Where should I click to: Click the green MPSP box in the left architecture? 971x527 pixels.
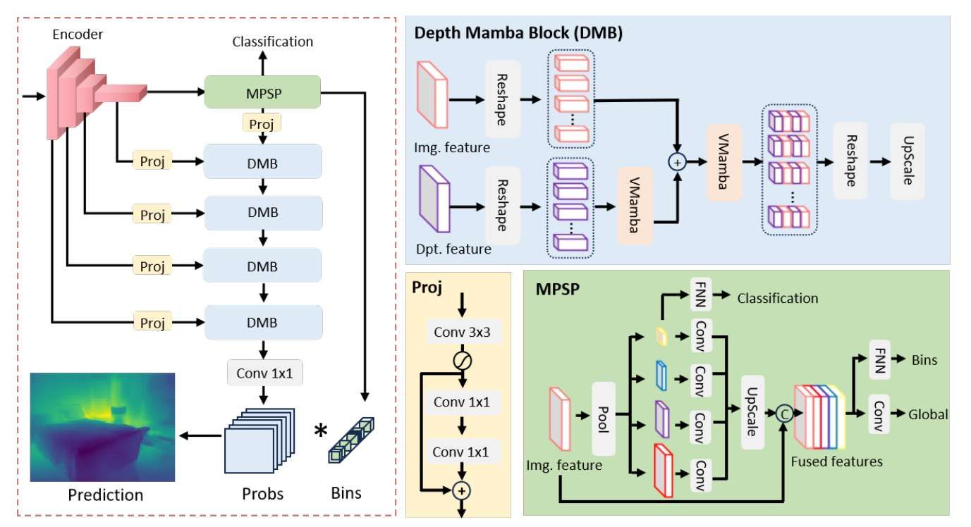pos(262,92)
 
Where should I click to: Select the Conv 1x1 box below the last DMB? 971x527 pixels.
pos(264,373)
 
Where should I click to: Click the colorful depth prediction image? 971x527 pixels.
pos(102,427)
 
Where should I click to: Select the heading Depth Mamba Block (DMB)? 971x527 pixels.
pos(518,33)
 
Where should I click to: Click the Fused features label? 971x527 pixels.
pos(836,461)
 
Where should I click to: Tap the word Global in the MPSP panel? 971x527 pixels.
pos(928,414)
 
